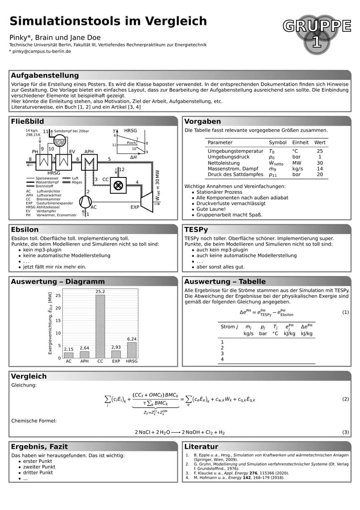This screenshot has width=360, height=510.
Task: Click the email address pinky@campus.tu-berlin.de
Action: click(42, 51)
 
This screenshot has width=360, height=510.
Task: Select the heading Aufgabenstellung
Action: click(44, 75)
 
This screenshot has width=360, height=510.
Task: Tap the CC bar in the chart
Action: click(100, 326)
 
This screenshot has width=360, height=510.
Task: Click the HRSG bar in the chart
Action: click(131, 350)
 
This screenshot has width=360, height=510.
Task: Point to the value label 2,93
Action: click(116, 347)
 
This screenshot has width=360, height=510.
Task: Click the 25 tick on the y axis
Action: click(58, 295)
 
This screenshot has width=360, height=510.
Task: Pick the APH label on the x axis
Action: click(84, 362)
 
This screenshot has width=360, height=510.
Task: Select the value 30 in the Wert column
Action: click(320, 163)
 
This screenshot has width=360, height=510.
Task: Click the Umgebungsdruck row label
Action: click(229, 157)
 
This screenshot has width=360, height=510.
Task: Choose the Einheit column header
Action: click(300, 142)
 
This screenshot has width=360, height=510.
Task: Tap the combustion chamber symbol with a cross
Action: click(118, 185)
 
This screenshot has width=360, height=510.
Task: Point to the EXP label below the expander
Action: click(135, 207)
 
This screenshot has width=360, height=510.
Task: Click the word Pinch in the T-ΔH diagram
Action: click(131, 143)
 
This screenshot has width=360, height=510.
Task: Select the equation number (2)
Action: click(345, 399)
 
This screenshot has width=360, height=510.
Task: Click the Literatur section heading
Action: click(201, 446)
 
